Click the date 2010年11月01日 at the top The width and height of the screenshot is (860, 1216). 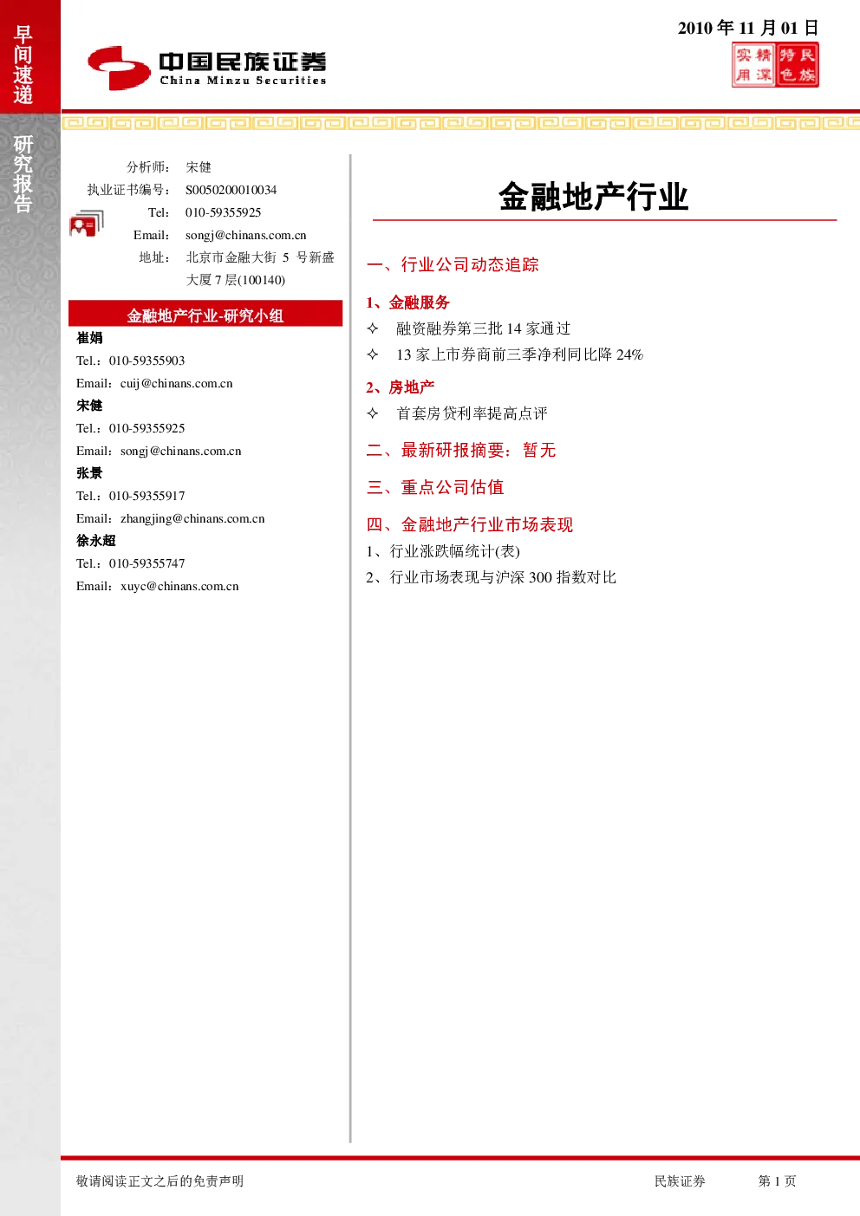pos(748,28)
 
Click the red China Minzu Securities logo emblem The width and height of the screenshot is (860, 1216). pos(119,68)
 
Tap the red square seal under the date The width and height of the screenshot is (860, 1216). pos(775,65)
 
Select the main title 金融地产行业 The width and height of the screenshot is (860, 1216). pos(594,196)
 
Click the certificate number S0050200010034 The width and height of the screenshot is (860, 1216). pos(231,190)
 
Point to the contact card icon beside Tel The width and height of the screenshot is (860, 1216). pos(87,224)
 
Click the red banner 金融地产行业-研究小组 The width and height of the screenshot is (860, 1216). pos(205,314)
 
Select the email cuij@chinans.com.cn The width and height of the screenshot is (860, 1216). pos(177,384)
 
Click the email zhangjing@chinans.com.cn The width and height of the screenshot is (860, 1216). pos(192,519)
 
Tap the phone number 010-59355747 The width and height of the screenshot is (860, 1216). pos(147,563)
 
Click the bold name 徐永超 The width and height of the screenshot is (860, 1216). pos(96,541)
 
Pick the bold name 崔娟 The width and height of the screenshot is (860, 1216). pos(89,338)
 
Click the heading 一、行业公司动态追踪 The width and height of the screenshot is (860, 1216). pos(453,265)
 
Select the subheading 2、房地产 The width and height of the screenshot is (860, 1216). pos(401,387)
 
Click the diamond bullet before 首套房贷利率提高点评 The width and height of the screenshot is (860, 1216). pos(373,413)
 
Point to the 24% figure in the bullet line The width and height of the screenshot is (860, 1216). pos(629,355)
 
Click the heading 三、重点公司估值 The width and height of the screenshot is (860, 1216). pos(435,487)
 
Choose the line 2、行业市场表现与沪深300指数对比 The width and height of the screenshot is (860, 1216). pos(492,577)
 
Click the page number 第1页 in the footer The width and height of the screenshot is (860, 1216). pos(777,1180)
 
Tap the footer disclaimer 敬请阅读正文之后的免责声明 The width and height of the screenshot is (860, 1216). pos(160,1180)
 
